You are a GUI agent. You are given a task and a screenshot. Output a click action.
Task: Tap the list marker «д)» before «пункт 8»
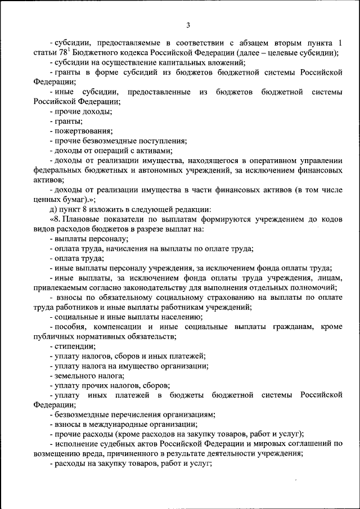pos(53,209)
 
